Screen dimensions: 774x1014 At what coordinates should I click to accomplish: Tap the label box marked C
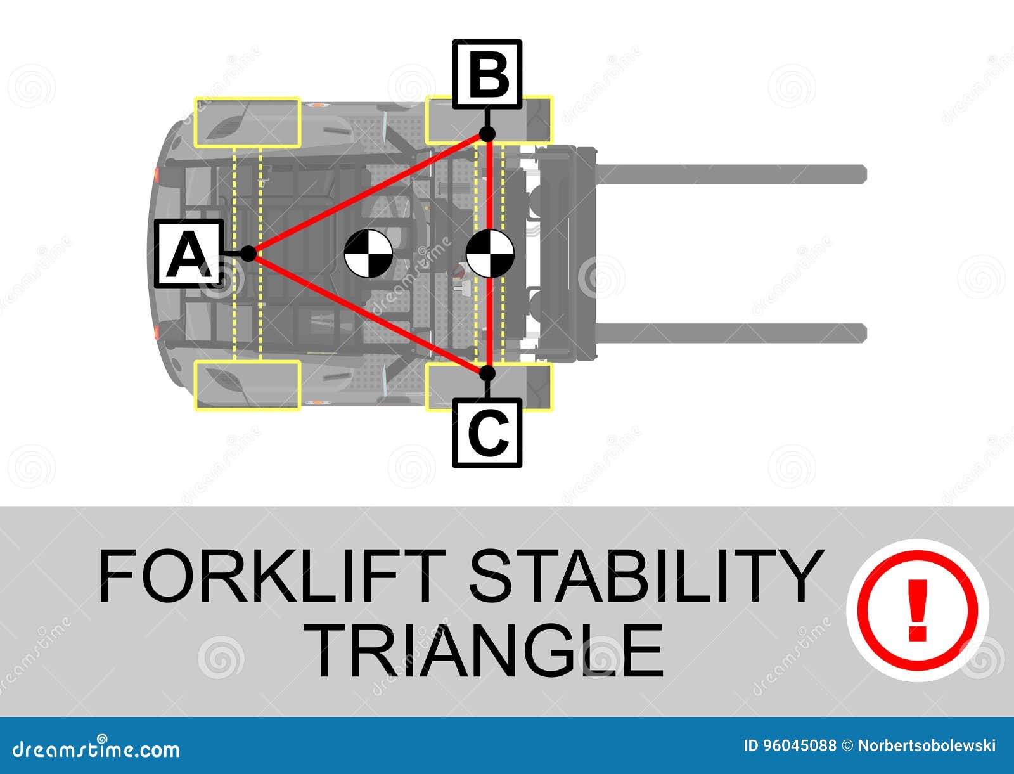[487, 433]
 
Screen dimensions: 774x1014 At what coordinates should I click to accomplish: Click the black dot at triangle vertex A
[248, 254]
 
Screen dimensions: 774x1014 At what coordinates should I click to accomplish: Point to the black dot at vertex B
[487, 134]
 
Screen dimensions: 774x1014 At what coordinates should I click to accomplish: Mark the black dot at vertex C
[487, 373]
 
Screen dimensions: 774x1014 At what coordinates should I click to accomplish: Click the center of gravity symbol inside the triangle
[368, 254]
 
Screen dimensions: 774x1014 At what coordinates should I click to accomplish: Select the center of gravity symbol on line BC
[489, 254]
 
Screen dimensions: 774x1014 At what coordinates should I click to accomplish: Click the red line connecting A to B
[368, 193]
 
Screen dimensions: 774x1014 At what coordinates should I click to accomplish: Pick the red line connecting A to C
[368, 314]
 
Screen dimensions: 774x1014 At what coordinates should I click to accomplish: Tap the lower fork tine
[729, 333]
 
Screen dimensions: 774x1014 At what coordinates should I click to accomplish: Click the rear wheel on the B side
[247, 122]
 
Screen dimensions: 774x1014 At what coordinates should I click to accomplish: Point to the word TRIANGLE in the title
[488, 650]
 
